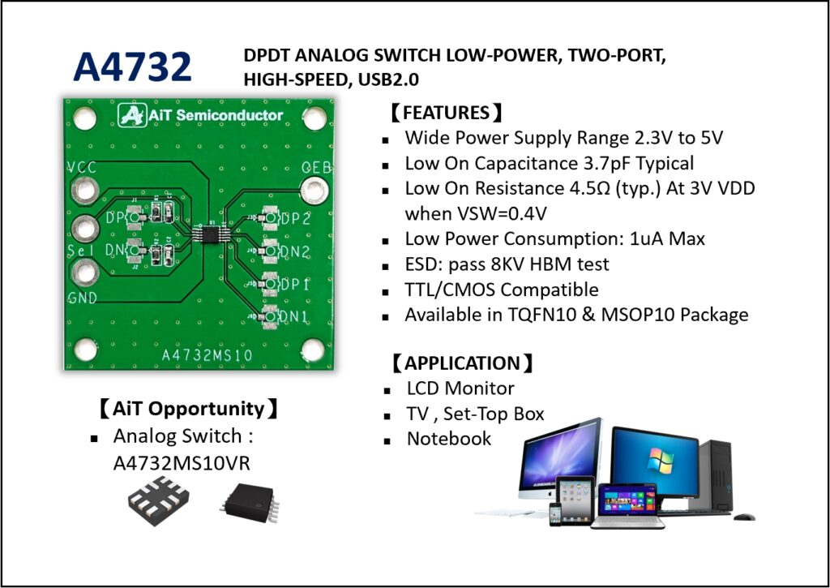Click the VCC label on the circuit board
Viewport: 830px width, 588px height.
coord(81,168)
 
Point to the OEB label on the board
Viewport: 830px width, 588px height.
coord(312,167)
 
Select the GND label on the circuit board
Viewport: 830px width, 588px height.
coord(83,298)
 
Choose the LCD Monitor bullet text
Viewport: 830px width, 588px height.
coord(460,388)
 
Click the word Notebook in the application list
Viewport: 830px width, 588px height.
coord(449,439)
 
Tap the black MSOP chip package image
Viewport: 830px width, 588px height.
coord(248,504)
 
